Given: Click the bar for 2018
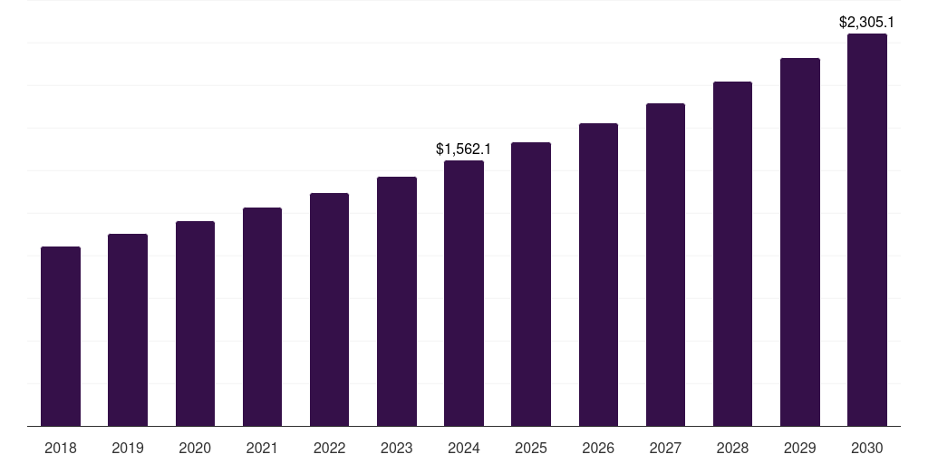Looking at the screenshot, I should [x=61, y=336].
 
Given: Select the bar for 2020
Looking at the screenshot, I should [x=195, y=324].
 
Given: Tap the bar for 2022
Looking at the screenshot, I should [x=329, y=309].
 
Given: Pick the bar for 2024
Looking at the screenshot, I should [x=464, y=293].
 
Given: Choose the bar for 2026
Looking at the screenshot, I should [x=598, y=275].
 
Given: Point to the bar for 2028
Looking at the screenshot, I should [x=732, y=254].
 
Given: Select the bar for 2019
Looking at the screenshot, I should [x=128, y=330].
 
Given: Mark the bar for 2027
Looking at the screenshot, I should [x=665, y=265].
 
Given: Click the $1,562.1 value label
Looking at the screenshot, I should [x=463, y=149].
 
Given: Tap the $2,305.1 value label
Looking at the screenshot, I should [x=867, y=22].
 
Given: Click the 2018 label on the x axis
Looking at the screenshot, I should [x=61, y=448].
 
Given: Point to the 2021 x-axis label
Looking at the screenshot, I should [x=262, y=448].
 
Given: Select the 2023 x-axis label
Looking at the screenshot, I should [x=396, y=448].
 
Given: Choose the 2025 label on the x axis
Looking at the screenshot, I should [x=531, y=448].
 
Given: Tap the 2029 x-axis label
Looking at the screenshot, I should [x=799, y=448].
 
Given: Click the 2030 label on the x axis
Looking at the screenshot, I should [x=867, y=448].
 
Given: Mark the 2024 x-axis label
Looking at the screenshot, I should [x=464, y=448].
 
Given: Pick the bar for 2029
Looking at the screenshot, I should [x=799, y=242].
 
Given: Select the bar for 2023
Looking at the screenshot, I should [x=396, y=301].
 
